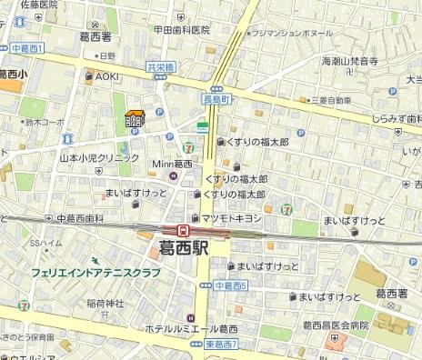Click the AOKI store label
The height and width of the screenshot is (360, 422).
107,76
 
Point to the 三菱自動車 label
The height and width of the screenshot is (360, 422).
321,100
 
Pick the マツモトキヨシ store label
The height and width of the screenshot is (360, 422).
231,218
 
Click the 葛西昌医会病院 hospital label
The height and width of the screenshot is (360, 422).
336,325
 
